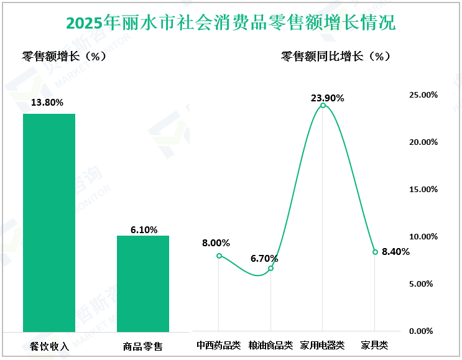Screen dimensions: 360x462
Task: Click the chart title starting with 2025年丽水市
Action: tap(231, 23)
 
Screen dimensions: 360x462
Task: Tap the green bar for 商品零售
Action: tap(143, 284)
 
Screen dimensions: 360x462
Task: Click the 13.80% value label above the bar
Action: tap(49, 103)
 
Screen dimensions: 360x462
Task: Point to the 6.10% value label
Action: tap(144, 229)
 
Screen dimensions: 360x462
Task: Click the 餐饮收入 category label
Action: tap(49, 346)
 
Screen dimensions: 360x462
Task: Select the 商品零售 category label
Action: tap(143, 346)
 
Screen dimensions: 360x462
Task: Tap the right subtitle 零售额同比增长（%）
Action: tap(336, 56)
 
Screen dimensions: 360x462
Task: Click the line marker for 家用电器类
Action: tap(323, 105)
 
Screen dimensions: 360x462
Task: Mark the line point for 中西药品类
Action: tap(219, 256)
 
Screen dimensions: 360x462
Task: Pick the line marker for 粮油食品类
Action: tap(271, 268)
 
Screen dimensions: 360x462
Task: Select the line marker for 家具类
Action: tap(375, 252)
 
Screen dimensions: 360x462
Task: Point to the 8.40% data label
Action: tap(395, 252)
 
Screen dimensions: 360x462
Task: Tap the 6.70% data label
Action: tap(264, 258)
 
